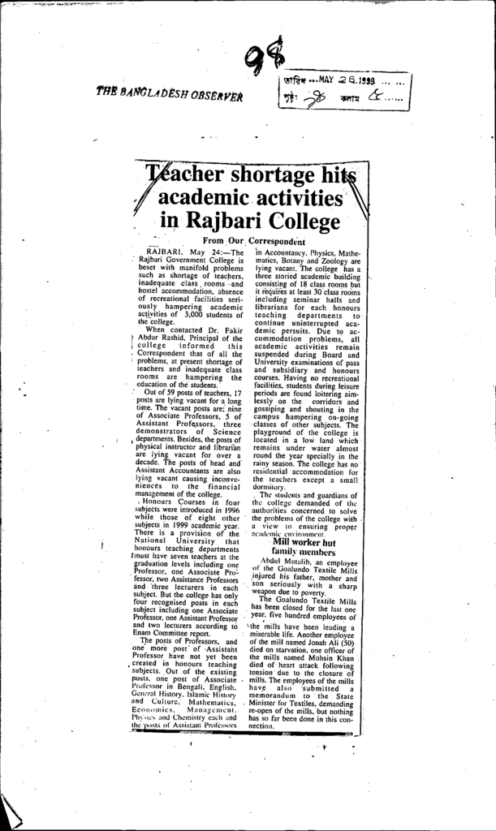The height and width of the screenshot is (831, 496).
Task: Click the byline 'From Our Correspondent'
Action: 253,241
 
